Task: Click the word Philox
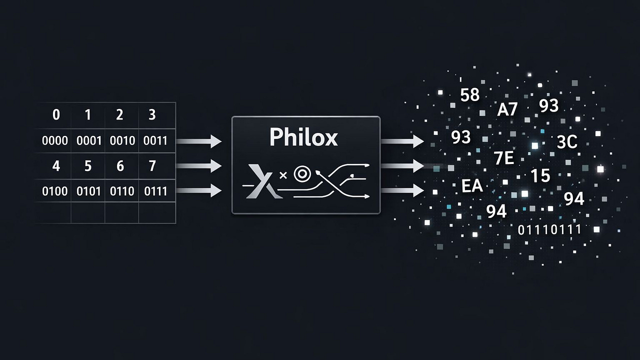303,137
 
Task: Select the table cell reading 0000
55,141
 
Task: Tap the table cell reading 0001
88,141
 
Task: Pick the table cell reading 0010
121,141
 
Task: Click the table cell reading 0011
155,141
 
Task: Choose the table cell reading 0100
55,191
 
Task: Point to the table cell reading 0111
155,191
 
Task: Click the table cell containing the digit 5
88,165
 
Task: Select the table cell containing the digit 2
119,115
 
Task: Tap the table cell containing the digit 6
120,165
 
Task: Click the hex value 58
469,94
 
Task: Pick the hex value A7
507,109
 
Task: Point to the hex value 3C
566,142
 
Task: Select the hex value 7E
503,158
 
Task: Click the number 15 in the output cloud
540,175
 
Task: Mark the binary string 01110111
549,229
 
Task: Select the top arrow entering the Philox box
199,141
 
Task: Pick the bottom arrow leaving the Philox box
402,190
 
